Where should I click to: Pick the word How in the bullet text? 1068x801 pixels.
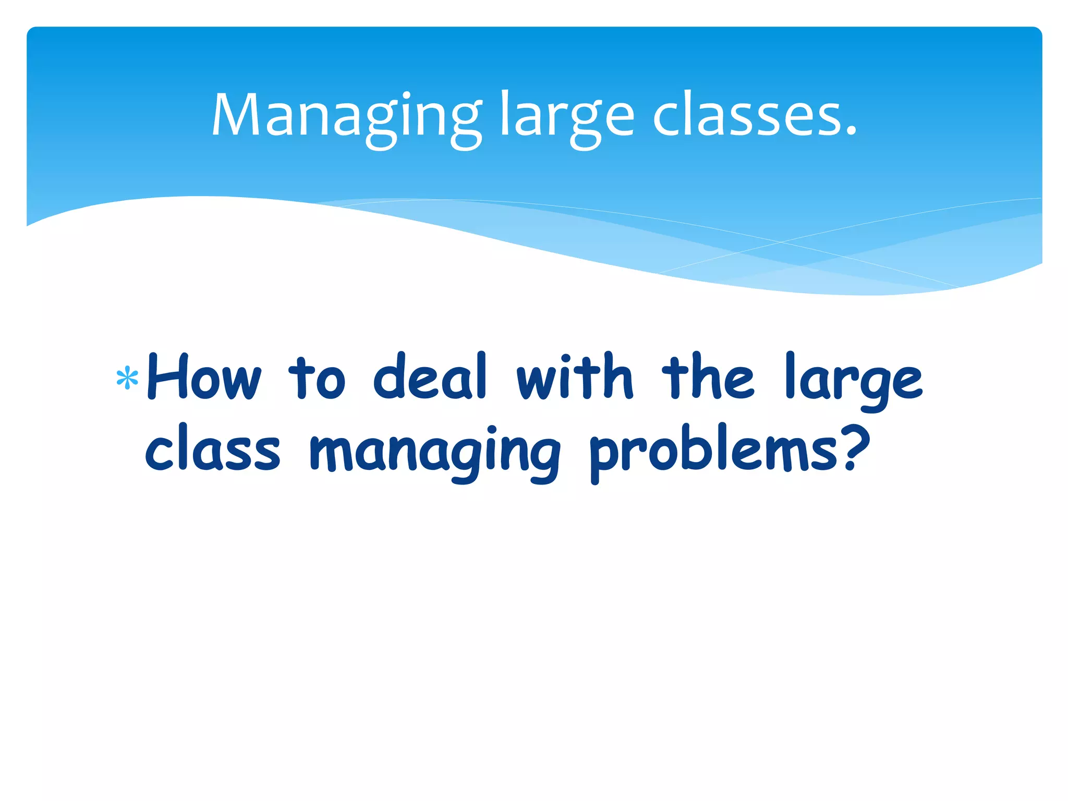tap(203, 377)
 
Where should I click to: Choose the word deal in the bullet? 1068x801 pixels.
tap(431, 377)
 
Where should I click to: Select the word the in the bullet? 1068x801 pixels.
tap(708, 377)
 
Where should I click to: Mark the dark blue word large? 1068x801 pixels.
tap(854, 381)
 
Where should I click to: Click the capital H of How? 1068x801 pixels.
tap(167, 377)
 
